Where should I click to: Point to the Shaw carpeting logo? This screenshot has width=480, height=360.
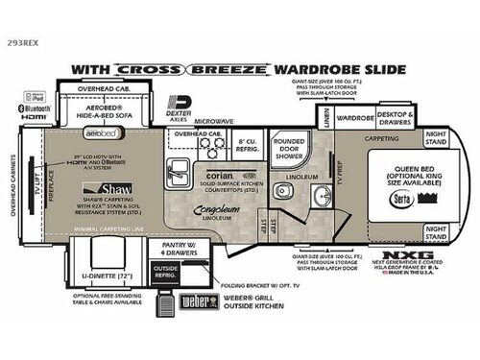[101, 188]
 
